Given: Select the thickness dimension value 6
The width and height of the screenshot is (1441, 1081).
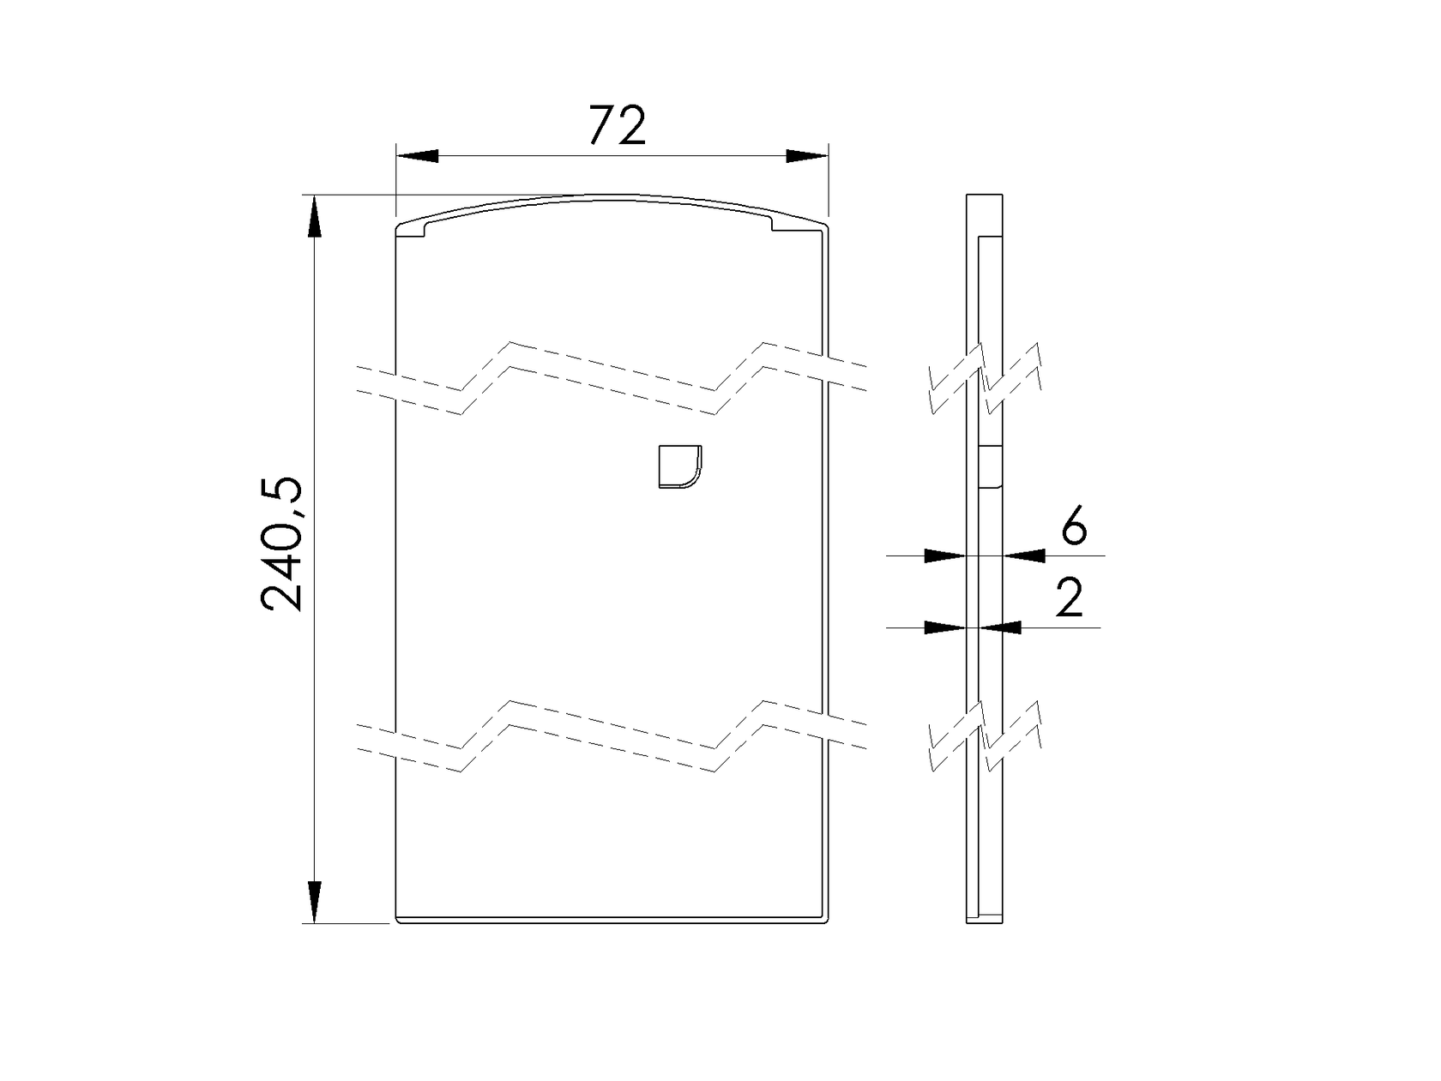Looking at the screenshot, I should click(1073, 526).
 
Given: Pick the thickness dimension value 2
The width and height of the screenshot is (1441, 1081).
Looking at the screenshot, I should click(1070, 598).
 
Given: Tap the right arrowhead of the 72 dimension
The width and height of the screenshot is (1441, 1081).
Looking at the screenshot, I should click(807, 156).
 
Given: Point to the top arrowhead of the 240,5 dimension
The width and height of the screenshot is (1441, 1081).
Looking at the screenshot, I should click(315, 215).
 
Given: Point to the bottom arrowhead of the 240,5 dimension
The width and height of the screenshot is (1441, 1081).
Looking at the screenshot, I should click(315, 902).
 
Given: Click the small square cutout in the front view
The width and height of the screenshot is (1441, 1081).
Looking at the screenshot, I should click(678, 466).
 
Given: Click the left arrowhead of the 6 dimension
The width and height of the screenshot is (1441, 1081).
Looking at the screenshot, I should click(946, 556).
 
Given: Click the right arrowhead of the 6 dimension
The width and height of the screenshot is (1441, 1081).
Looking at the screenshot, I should click(1024, 556).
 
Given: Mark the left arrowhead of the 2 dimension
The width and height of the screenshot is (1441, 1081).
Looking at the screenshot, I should click(946, 628).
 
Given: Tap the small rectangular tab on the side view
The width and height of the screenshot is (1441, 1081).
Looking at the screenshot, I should click(990, 466).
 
